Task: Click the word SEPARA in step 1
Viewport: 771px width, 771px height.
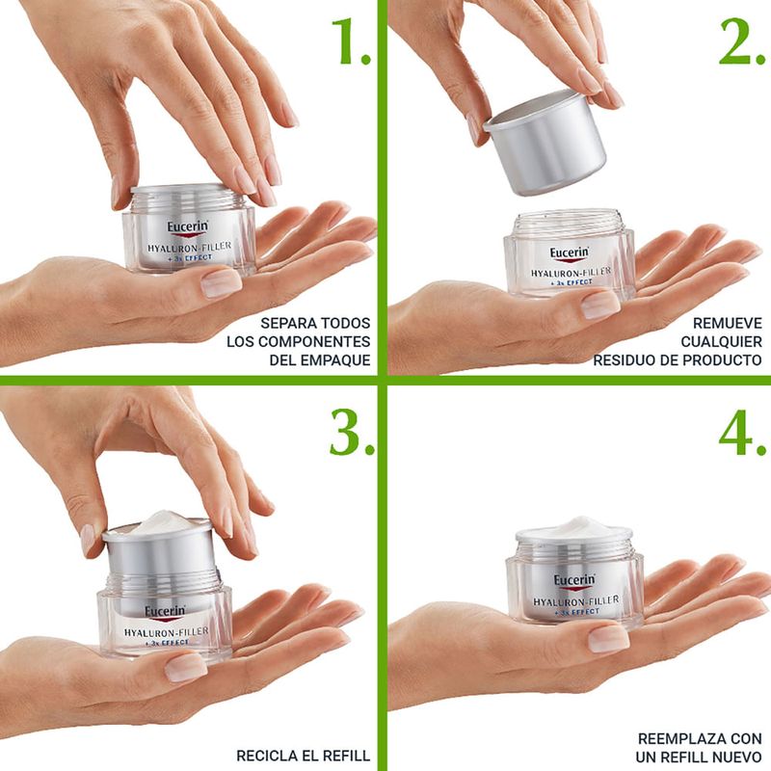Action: click(287, 323)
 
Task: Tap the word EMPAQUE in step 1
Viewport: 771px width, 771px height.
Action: click(335, 359)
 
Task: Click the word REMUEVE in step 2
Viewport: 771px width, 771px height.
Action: click(728, 323)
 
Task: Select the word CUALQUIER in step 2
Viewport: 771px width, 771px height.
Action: click(721, 341)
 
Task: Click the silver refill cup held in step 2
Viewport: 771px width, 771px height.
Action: click(545, 143)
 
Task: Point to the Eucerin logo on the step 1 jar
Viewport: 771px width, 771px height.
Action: click(187, 227)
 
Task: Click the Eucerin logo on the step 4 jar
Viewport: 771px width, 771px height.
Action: click(574, 581)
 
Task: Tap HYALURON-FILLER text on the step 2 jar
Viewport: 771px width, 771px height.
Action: click(571, 272)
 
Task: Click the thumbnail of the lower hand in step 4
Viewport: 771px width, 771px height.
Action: click(609, 639)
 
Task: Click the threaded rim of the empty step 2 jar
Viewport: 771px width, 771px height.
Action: click(569, 222)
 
